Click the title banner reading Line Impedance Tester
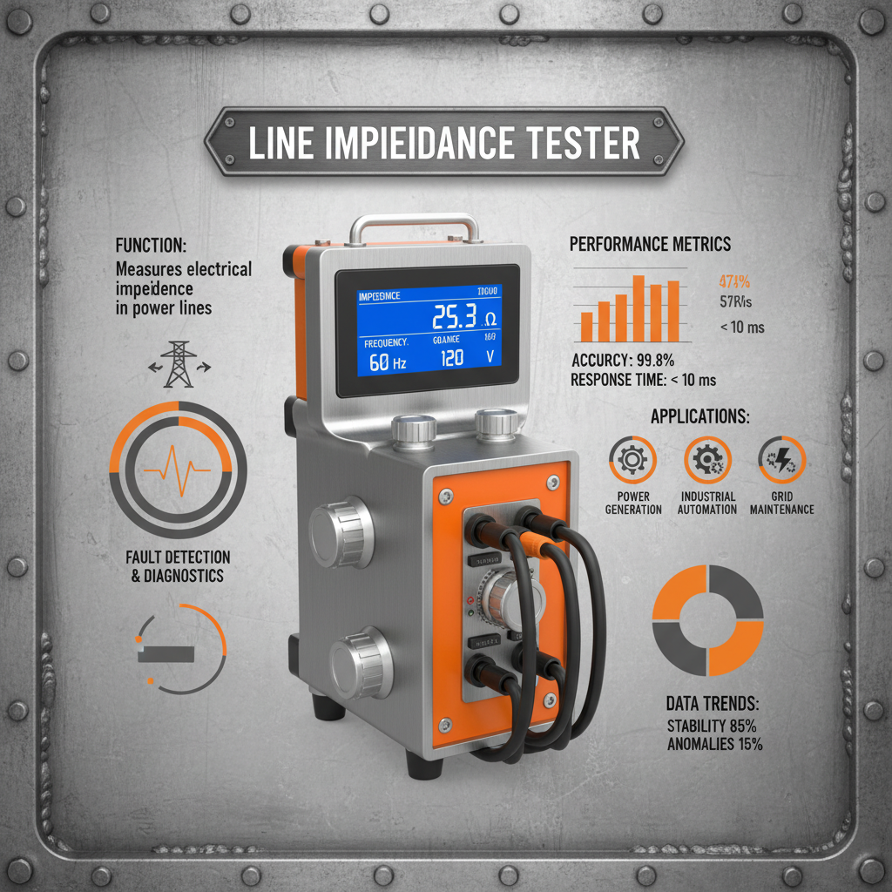pos(444,143)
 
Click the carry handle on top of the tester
pos(415,227)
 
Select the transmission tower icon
pos(179,363)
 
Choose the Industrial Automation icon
pos(706,459)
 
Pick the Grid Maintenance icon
pos(781,459)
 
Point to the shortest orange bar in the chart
pos(586,326)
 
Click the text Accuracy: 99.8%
pos(624,360)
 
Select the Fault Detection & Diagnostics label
pos(178,566)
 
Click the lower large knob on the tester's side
pos(362,662)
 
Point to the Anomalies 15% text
pos(714,744)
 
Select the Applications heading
pos(699,416)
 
